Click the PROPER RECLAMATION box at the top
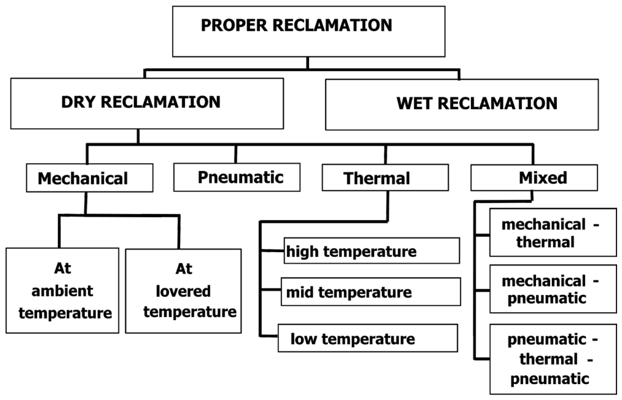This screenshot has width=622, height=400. point(309,31)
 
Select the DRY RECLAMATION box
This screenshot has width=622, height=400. point(147,103)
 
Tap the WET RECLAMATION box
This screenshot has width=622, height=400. point(462,104)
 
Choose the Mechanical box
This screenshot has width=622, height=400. point(90,178)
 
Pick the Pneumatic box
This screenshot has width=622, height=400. point(237,177)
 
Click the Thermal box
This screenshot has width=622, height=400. point(385,177)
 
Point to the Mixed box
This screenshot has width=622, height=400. point(534,177)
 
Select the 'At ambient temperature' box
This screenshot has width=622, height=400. point(62,290)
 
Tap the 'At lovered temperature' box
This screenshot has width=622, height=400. point(183,291)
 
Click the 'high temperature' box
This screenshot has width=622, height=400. point(372,251)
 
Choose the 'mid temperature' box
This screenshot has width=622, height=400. point(371,291)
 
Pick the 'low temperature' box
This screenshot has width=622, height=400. point(368,338)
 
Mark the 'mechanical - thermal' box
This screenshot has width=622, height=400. point(553,233)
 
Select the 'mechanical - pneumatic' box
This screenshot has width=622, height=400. point(553,289)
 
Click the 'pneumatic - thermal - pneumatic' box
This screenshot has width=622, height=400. point(553,360)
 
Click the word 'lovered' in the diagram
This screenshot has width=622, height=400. point(183,291)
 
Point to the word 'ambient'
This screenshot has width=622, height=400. point(62,291)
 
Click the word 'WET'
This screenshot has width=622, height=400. point(414,103)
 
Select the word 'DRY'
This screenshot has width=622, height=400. point(79,102)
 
